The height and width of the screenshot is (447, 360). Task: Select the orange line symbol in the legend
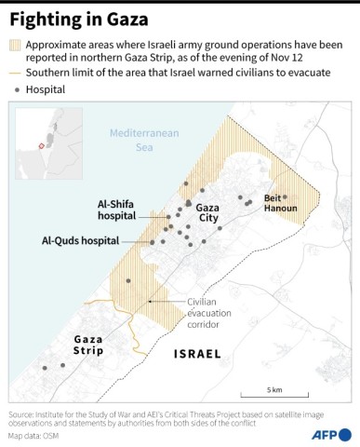(16, 73)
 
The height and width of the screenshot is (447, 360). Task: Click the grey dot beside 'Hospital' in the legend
(16, 89)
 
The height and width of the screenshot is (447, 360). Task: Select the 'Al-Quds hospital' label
(80, 240)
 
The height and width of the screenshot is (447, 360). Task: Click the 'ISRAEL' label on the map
(197, 355)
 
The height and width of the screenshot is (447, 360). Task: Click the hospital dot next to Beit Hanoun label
(285, 196)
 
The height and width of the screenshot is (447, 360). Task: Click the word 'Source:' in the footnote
(21, 413)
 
